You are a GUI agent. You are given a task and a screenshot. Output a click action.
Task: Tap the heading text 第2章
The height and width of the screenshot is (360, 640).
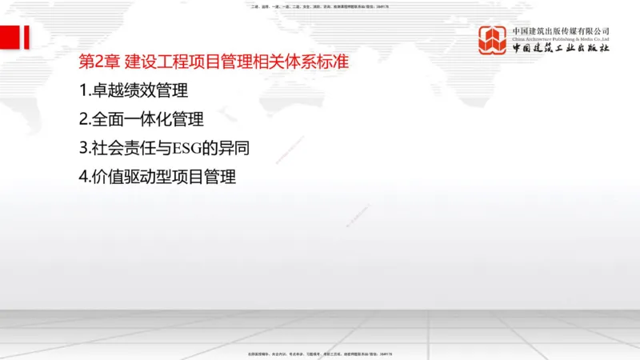coord(99,62)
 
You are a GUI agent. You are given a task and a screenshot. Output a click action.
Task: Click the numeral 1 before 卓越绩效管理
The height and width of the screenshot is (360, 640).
coord(83,91)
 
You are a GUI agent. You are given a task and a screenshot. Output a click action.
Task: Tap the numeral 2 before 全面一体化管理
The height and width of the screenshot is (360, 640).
coord(84,120)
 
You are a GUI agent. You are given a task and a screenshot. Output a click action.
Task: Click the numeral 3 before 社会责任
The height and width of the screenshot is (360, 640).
coord(84,149)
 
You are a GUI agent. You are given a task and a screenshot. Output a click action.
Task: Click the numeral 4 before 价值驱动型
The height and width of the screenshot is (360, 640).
coord(84,178)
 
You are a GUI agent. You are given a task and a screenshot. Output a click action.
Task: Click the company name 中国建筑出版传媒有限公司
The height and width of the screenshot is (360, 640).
coord(561,31)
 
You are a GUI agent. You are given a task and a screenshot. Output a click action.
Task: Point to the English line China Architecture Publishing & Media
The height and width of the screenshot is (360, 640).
coord(561,38)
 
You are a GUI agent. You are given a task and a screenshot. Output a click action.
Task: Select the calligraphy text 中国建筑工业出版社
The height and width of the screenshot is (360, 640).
coord(561,49)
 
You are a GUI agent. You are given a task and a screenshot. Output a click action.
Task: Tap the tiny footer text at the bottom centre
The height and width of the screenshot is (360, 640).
coord(320,354)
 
